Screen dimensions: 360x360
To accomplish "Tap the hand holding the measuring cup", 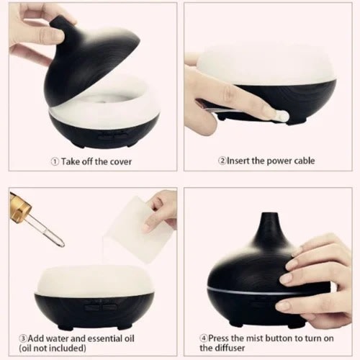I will [x=162, y=209].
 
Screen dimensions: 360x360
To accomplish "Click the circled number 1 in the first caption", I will [x=54, y=161].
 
